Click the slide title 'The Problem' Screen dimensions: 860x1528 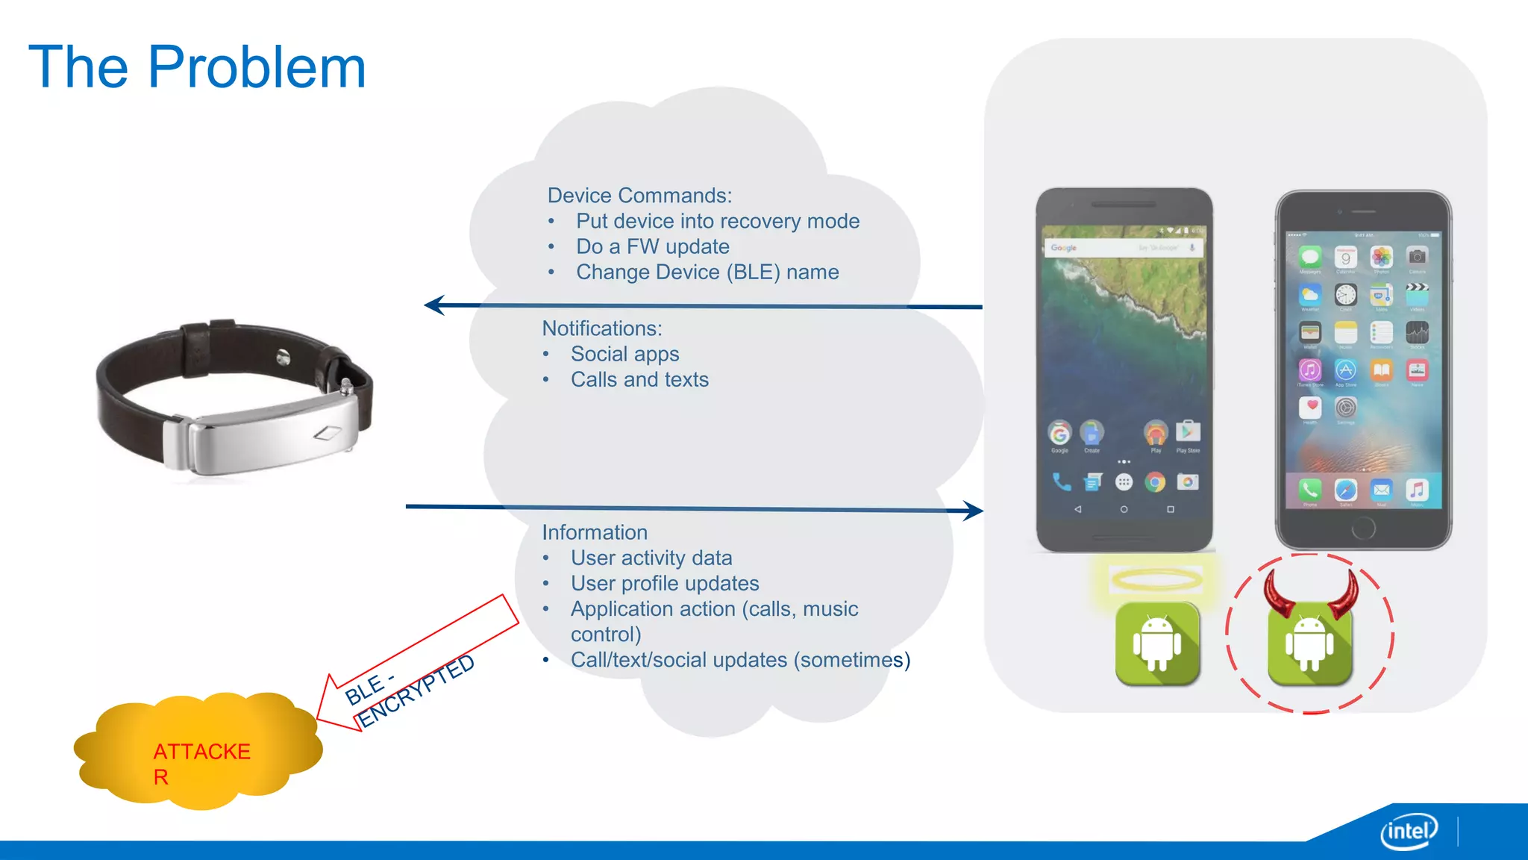(x=197, y=67)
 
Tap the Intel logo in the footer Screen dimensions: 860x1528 (x=1408, y=831)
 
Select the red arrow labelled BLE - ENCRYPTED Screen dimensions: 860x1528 (x=418, y=664)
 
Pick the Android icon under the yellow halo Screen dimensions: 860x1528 (x=1157, y=644)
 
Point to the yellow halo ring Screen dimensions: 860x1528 (x=1156, y=579)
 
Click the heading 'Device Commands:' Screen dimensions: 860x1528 (x=639, y=196)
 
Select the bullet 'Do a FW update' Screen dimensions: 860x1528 (x=652, y=246)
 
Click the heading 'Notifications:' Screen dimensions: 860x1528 (x=601, y=328)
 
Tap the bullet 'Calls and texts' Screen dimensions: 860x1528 (x=639, y=379)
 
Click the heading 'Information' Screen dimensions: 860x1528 (x=594, y=532)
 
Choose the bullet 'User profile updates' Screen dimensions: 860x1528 (x=664, y=583)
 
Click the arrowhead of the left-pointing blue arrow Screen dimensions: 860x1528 (x=434, y=305)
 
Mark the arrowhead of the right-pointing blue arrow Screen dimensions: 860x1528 (x=973, y=511)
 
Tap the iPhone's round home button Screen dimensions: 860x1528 (x=1363, y=529)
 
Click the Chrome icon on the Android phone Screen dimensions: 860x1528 (x=1155, y=482)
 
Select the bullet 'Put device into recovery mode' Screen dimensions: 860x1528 (x=717, y=221)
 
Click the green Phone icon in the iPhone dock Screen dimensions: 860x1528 (x=1309, y=489)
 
